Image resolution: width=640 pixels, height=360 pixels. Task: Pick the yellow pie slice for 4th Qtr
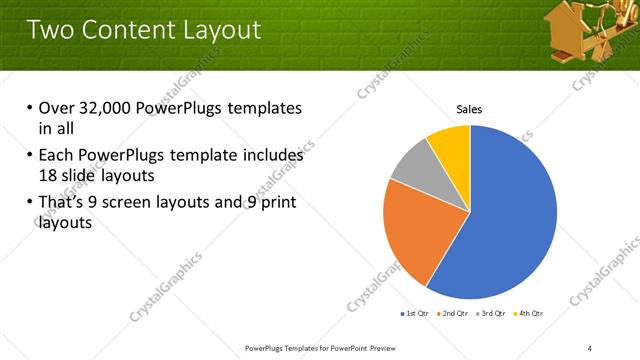tap(451, 144)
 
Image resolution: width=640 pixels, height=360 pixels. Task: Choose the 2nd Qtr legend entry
tap(453, 314)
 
